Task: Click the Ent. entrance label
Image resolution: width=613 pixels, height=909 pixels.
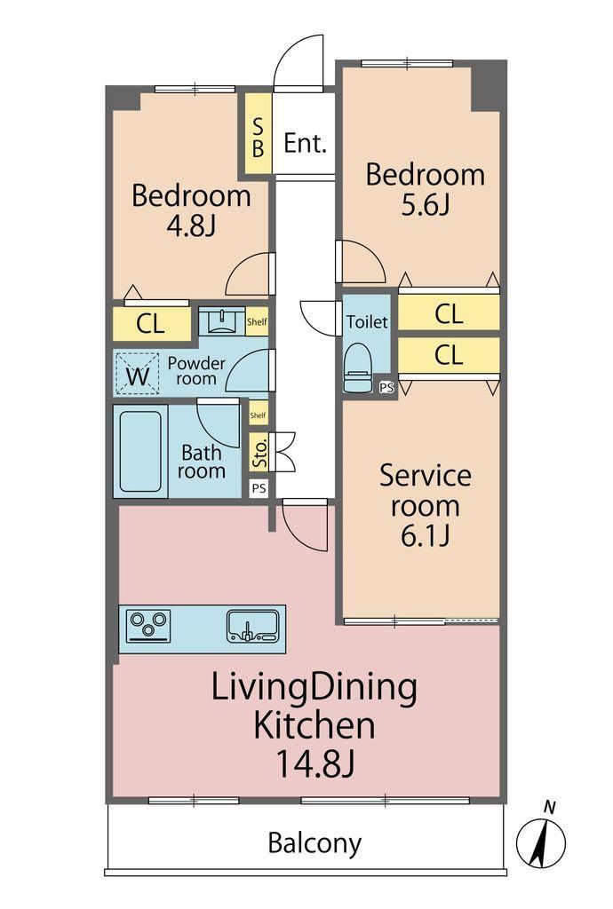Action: coord(305,143)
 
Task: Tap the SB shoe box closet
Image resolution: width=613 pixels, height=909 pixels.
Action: coord(258,134)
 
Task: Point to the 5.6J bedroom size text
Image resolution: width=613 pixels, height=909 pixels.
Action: coord(425,205)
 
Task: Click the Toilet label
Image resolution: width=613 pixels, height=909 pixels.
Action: coord(367,321)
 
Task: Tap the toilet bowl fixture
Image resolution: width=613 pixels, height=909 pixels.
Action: coord(358,368)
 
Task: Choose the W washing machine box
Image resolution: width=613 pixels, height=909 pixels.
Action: coord(138,374)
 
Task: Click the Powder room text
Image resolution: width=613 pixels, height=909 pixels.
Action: coord(196,371)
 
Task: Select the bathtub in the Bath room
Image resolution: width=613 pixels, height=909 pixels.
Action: coord(140,452)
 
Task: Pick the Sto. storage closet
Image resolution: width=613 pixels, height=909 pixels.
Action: coord(259,452)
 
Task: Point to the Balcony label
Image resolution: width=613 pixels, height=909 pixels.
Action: coord(314,843)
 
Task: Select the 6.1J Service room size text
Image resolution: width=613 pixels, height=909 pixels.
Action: coord(425,535)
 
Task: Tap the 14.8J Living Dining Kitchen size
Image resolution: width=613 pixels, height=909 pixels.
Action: coord(314,763)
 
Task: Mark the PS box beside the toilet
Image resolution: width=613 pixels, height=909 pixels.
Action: coord(386,388)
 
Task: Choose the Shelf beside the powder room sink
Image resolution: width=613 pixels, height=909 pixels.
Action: coord(257,321)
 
